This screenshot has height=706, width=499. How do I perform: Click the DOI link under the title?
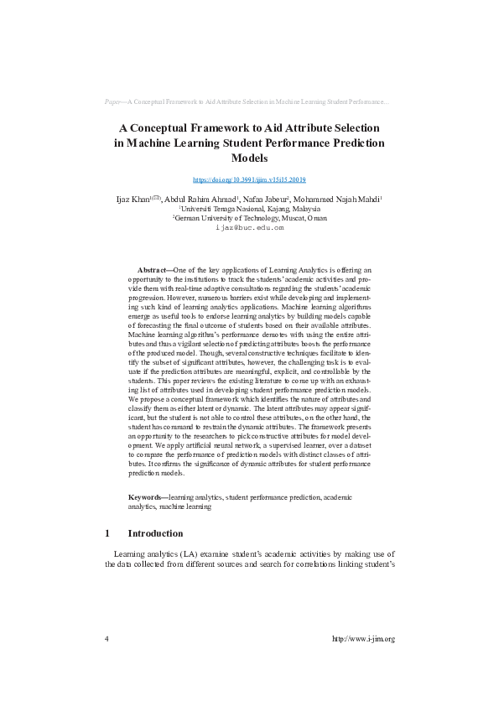click(249, 179)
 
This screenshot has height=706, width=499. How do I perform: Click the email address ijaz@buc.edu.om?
click(249, 227)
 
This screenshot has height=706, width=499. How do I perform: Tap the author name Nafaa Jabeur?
click(265, 199)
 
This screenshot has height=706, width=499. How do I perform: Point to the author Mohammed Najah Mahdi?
click(338, 199)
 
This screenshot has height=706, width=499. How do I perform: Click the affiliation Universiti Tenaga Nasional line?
click(249, 208)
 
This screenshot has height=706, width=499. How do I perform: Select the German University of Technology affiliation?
click(249, 217)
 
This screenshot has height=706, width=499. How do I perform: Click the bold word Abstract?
click(152, 270)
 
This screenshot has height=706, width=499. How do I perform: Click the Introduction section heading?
click(155, 533)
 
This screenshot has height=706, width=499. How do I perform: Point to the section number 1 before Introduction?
click(107, 533)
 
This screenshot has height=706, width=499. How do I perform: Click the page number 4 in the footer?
click(107, 639)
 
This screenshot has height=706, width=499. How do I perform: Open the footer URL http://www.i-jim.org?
click(363, 639)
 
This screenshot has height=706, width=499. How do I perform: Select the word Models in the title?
click(249, 158)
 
